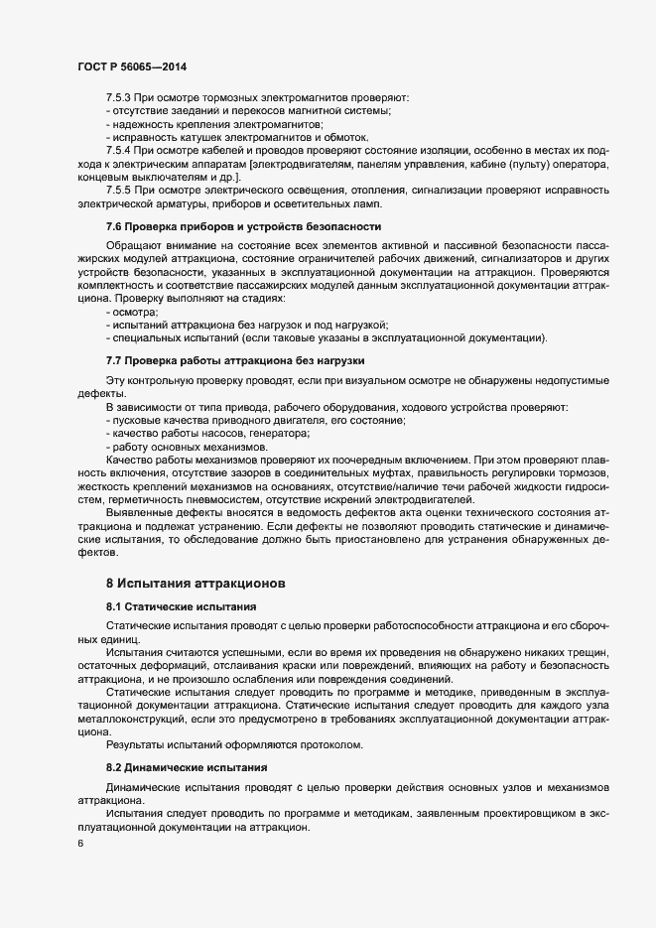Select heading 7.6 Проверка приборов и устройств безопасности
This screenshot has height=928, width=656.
(x=243, y=226)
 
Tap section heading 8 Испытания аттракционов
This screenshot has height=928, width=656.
(x=197, y=581)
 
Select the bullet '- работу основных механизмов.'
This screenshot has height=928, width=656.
(x=177, y=447)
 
